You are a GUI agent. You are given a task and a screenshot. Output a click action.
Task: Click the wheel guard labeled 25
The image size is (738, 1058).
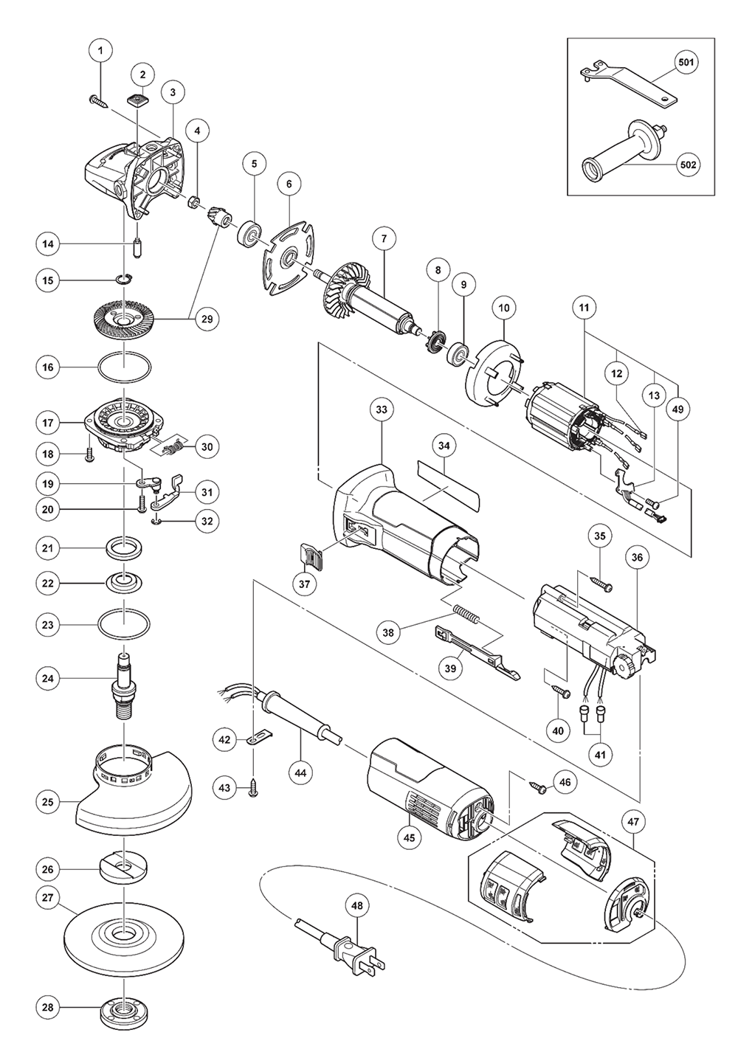133,797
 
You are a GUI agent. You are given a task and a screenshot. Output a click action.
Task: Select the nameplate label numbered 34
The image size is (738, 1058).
446,484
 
